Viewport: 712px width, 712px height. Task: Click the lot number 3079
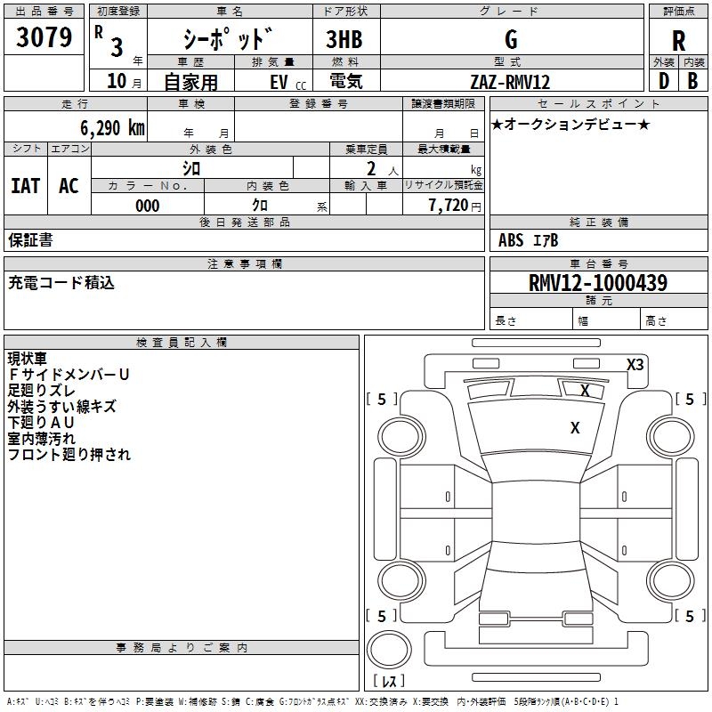tap(44, 36)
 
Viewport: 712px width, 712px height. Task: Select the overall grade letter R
tap(678, 41)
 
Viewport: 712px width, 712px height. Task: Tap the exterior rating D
tap(664, 81)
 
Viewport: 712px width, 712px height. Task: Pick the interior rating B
tap(692, 81)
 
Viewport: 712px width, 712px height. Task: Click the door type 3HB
tap(344, 39)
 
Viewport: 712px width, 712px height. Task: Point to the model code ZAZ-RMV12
tap(510, 82)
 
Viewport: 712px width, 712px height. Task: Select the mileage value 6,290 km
tap(112, 128)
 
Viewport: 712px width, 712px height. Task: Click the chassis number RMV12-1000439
tap(598, 282)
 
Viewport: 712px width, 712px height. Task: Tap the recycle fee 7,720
tap(449, 206)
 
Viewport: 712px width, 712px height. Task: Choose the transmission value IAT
tap(26, 186)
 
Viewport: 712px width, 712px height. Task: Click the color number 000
tap(148, 206)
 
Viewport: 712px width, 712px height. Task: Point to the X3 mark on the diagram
tap(635, 365)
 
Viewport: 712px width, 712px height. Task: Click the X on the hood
tap(575, 428)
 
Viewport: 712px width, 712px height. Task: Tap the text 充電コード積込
tap(61, 283)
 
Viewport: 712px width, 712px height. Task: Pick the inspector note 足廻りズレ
tap(41, 391)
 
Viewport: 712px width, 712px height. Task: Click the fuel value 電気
tap(346, 81)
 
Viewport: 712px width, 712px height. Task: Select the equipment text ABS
tap(511, 240)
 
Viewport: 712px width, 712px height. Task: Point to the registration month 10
tap(117, 81)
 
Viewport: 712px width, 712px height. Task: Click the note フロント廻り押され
tap(69, 455)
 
